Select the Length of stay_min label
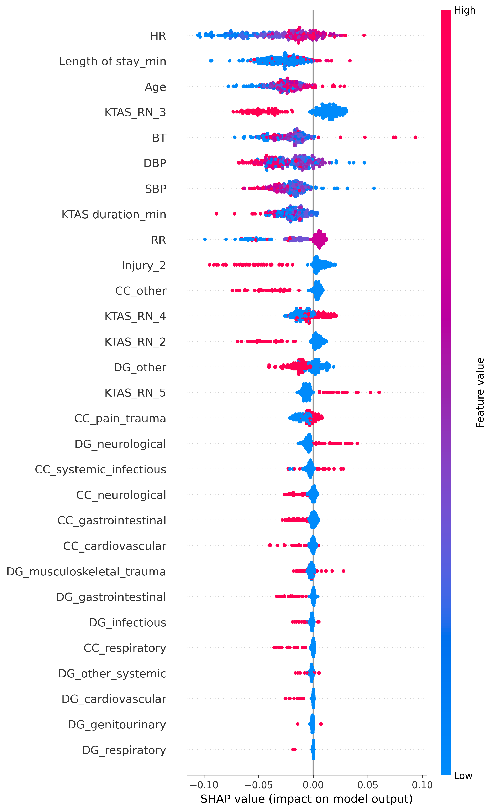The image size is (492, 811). click(x=112, y=62)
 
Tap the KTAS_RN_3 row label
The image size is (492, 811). click(x=135, y=113)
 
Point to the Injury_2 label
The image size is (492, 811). click(x=144, y=265)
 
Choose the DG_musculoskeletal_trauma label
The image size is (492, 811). click(x=86, y=572)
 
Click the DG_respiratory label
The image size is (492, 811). click(x=124, y=750)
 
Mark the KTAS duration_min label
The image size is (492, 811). click(x=114, y=215)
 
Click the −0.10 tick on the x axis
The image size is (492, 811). click(x=204, y=785)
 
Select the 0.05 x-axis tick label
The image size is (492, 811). click(x=368, y=785)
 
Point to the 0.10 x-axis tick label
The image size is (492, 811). click(x=422, y=785)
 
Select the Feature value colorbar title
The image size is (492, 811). click(x=480, y=393)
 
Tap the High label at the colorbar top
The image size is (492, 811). click(x=465, y=11)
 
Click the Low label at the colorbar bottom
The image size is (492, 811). click(x=463, y=776)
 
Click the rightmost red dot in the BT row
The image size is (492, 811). click(x=415, y=137)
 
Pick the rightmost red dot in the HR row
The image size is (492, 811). click(x=364, y=35)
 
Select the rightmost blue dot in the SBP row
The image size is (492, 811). click(x=374, y=188)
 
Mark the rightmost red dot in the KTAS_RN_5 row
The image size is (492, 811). click(x=379, y=392)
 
